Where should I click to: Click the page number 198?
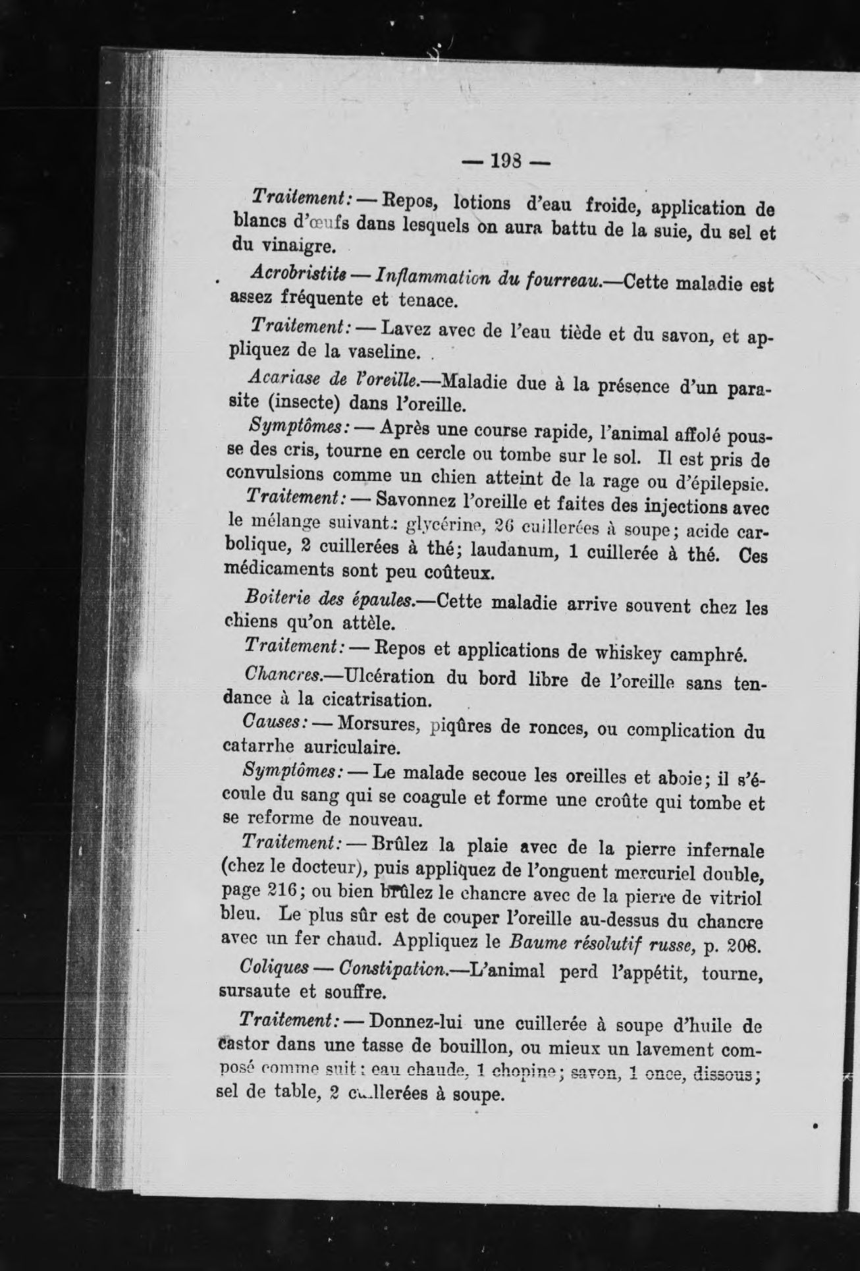coord(504,161)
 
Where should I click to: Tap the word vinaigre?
coord(274,248)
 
